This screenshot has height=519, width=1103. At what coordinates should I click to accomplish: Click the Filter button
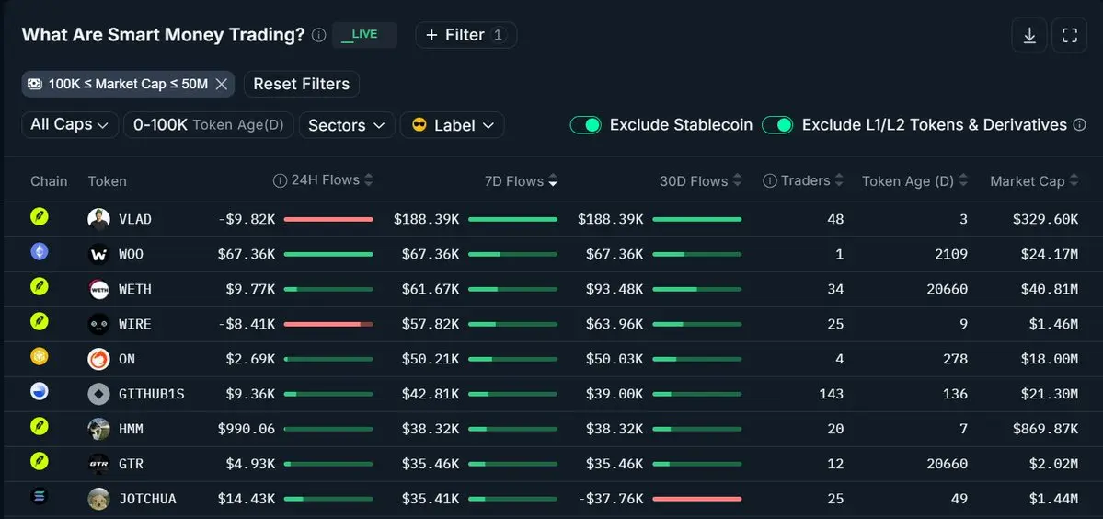tap(465, 35)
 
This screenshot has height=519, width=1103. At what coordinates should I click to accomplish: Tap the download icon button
tap(1029, 35)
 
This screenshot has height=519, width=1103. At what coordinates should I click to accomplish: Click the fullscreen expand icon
tap(1069, 35)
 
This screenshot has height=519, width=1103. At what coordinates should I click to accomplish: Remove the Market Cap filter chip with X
tap(221, 85)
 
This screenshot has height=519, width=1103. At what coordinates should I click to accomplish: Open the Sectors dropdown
tap(347, 125)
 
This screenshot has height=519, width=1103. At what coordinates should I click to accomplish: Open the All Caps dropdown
tap(70, 124)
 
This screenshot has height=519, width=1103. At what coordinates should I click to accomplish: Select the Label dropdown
tap(453, 125)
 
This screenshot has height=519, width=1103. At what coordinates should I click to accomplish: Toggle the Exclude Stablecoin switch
tap(585, 125)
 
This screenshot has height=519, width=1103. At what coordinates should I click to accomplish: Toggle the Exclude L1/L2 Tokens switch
tap(777, 125)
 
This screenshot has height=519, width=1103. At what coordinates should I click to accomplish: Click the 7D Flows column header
tap(521, 181)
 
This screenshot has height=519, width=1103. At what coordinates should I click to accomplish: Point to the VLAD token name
tap(135, 219)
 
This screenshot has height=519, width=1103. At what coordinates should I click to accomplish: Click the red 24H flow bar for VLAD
tap(328, 219)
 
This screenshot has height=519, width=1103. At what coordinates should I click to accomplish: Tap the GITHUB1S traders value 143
tap(832, 394)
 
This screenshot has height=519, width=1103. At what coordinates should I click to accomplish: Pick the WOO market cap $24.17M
tap(1050, 254)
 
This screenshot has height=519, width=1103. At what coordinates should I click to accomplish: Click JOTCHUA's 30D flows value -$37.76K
tap(611, 499)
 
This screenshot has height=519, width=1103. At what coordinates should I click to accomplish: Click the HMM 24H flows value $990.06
tap(247, 429)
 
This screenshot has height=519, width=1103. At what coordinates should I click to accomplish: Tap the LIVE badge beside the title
tap(364, 35)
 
